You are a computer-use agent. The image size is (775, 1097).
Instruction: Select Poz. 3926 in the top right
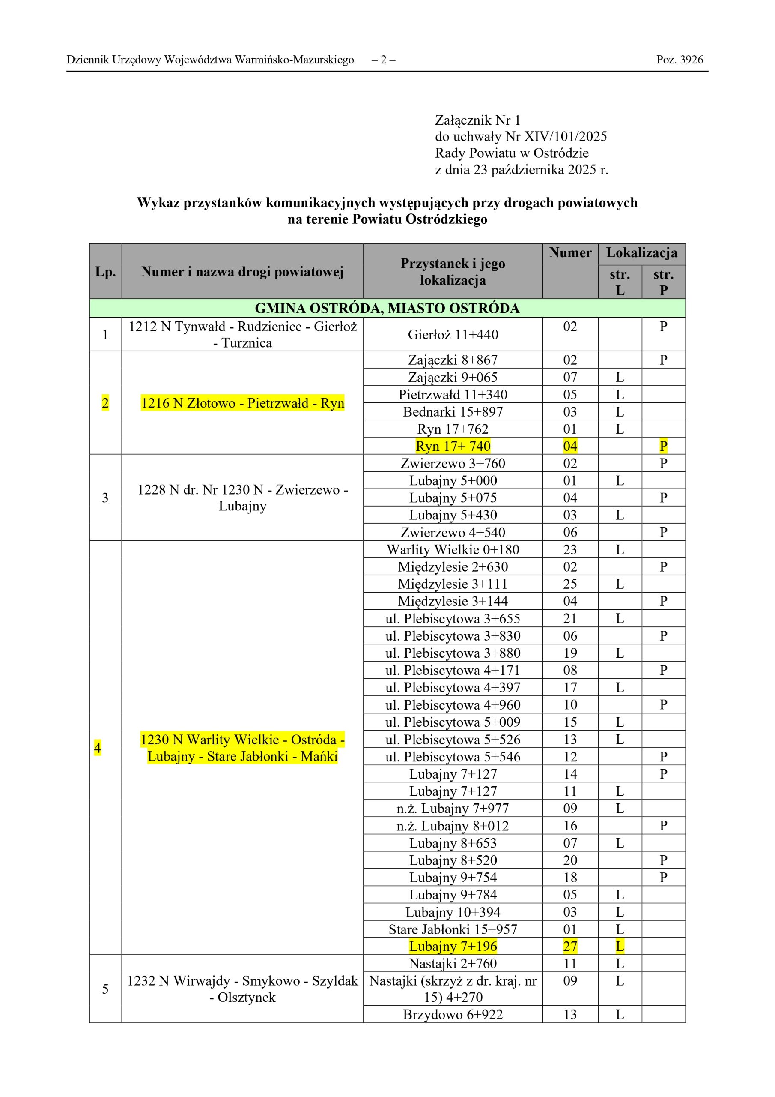point(679,60)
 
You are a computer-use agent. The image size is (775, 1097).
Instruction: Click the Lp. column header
point(105,271)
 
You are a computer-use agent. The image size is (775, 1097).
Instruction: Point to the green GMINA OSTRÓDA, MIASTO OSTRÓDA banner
point(387,308)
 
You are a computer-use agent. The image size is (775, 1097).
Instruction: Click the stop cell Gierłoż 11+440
point(453,334)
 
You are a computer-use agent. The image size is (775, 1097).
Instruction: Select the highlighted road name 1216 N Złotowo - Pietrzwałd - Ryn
point(243,403)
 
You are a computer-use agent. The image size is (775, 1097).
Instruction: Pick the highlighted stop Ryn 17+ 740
point(453,446)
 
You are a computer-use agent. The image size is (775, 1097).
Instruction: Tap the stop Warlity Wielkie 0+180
point(453,549)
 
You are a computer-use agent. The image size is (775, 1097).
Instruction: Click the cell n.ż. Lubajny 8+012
point(453,826)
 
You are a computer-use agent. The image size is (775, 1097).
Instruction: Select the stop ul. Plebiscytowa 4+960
point(453,705)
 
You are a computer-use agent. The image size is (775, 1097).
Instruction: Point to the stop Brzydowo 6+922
point(453,1014)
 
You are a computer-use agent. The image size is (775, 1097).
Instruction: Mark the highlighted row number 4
point(98,748)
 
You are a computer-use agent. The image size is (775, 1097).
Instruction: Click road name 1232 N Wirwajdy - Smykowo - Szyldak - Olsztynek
point(243,989)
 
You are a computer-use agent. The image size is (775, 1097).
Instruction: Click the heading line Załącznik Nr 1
point(477,120)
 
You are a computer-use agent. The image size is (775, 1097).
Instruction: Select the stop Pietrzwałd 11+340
point(453,394)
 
